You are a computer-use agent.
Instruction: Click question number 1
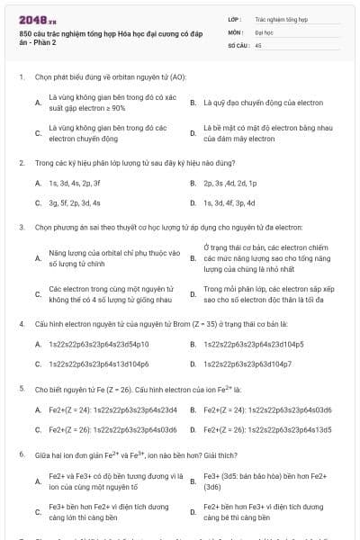tap(21, 76)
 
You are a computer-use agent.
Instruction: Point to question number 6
tap(21, 454)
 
